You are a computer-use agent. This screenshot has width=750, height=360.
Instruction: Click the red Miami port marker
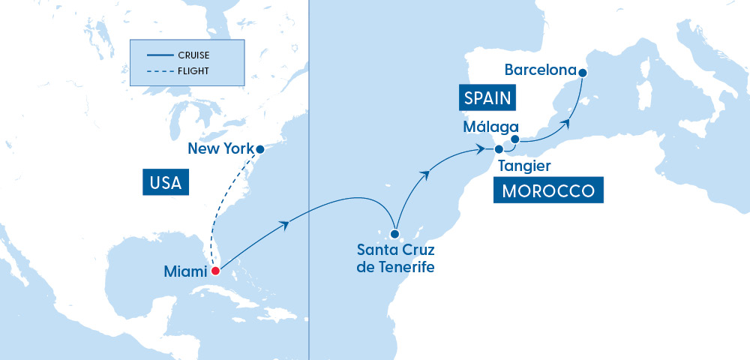(x=215, y=271)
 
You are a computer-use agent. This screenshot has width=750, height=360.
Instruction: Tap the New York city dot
(x=260, y=149)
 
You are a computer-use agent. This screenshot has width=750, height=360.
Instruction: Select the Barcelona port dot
(x=583, y=72)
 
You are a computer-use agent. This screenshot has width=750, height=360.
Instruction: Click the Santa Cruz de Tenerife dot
(x=394, y=233)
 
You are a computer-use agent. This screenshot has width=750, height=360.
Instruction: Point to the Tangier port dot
(x=499, y=149)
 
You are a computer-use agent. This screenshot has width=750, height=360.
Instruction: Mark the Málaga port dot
(x=515, y=139)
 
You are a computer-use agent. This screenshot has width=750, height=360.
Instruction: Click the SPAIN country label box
(x=487, y=97)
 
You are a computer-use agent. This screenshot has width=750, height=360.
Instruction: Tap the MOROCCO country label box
(x=548, y=190)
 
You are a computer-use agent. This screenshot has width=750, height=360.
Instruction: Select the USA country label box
(x=166, y=182)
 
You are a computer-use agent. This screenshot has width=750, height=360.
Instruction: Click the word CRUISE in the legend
(x=193, y=55)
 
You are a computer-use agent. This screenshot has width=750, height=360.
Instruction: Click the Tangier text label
(x=524, y=165)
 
